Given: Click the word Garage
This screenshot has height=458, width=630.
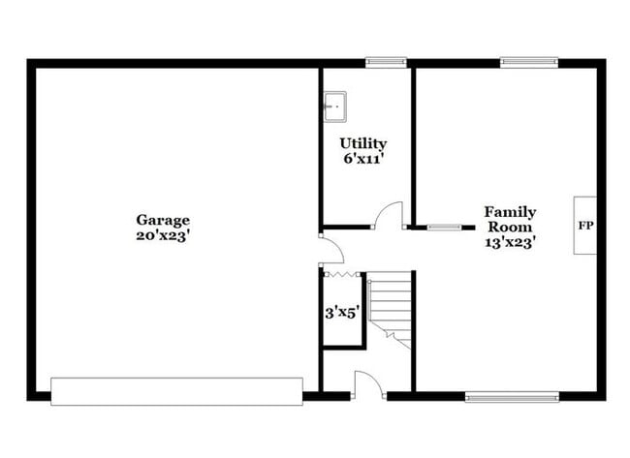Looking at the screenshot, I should coord(163,220).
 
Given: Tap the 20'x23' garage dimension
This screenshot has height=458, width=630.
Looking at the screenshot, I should coord(163,234).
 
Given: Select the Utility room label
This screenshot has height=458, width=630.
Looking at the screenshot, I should coord(362,143).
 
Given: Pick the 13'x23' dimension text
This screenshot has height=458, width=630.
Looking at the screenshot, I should coord(510,242).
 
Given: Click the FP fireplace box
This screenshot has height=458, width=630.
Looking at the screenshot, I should coord(585,226).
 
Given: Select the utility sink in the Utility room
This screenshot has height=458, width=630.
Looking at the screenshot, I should coord(334,106).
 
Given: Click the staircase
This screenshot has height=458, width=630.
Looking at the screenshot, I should coord(390,308).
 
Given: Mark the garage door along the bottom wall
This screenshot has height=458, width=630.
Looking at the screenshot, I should coord(176,391).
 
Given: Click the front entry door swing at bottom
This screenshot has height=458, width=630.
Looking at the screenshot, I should coord(368,384).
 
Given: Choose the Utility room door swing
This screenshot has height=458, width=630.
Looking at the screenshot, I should coord(390,215).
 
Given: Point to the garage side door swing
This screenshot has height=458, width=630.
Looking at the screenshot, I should coord(331,249).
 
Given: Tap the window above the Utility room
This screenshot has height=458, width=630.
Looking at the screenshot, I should coord(386,63).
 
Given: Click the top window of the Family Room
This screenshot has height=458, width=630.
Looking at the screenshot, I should coord(528,63).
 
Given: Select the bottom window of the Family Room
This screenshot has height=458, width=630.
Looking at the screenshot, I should coord(512,396).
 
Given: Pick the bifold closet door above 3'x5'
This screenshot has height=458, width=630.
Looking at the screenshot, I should coord(342,274).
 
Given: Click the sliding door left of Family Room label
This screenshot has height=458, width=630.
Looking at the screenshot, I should coord(445,228).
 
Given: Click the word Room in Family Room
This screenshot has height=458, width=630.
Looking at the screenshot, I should coord(510,227).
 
